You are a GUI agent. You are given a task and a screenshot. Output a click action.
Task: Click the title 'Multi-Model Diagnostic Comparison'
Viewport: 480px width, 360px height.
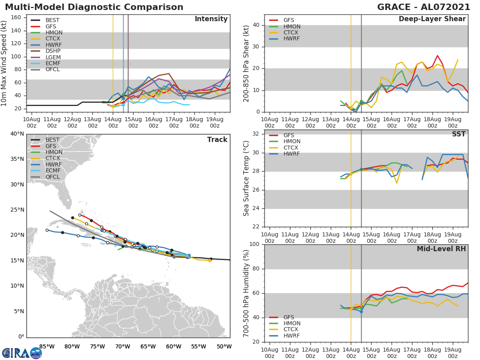[x=94, y=7]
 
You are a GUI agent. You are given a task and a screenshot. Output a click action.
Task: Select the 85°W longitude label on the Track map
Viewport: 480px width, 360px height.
[x=47, y=346]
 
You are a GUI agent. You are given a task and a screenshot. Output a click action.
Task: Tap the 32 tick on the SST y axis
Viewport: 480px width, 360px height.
[x=257, y=134]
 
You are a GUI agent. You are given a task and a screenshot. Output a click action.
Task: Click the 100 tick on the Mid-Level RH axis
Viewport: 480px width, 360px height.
[x=254, y=244]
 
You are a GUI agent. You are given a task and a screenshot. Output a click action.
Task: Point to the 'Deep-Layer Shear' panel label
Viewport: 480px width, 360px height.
[x=432, y=19]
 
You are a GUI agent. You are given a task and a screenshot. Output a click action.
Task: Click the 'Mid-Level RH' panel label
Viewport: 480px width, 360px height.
[x=441, y=249]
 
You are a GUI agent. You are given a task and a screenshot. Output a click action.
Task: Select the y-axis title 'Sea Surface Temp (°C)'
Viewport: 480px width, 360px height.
[x=246, y=178]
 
